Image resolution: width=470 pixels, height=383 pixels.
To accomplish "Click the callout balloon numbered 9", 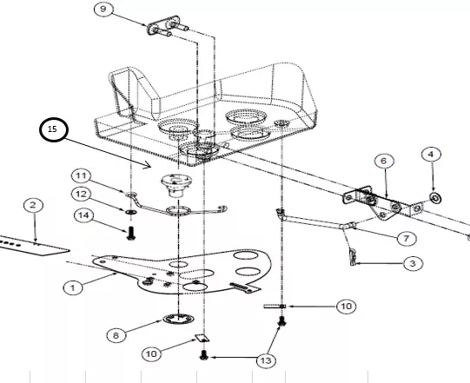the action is [x=103, y=9].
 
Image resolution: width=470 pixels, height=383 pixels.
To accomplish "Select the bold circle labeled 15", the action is [x=54, y=129].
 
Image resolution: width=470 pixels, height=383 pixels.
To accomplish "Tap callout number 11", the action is [x=81, y=175].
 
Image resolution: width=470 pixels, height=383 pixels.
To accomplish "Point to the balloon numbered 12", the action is [x=81, y=195].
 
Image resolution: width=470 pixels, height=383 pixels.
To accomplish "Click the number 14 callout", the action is [x=83, y=215].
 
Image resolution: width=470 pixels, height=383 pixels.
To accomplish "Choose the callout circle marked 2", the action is [x=33, y=205].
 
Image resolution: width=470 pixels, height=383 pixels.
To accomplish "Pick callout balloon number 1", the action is [x=73, y=288].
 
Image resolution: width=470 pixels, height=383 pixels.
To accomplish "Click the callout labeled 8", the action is [x=116, y=335].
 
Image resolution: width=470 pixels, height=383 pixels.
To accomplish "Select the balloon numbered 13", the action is [x=266, y=360].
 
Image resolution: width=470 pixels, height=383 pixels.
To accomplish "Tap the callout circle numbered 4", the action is [x=431, y=155].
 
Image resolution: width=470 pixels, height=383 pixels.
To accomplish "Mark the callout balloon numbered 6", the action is [x=384, y=162].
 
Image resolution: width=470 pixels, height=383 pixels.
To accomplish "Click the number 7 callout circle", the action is [x=407, y=239].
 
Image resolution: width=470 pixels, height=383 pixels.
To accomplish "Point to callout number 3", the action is [x=413, y=264].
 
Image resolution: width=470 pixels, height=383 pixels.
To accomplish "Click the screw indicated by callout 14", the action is [x=130, y=234].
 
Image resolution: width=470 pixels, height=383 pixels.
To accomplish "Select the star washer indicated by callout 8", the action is [x=178, y=319].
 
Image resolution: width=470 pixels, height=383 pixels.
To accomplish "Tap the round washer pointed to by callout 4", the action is [x=436, y=197].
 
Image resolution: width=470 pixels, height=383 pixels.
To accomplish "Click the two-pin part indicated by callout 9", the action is [x=168, y=27].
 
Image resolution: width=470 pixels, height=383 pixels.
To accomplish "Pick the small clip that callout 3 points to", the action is [x=354, y=257].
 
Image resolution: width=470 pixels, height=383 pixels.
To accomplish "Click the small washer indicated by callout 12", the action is [x=130, y=212].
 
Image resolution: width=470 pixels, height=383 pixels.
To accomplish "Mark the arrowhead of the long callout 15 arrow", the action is [x=149, y=167].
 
